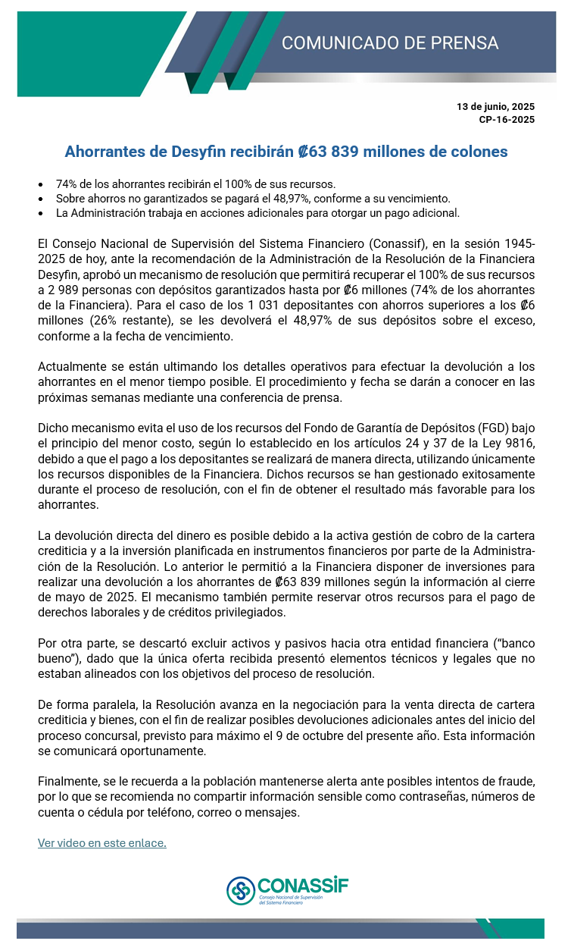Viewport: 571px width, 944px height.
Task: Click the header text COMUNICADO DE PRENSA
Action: pyautogui.click(x=390, y=42)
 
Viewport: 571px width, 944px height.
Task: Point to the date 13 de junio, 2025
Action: pyautogui.click(x=496, y=107)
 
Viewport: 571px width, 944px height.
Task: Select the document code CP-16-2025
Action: pyautogui.click(x=507, y=120)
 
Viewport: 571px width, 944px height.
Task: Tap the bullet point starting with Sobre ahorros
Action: pyautogui.click(x=253, y=199)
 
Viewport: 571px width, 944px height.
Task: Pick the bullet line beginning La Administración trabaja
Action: pyautogui.click(x=257, y=213)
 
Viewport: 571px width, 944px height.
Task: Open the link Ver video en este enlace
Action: pyautogui.click(x=102, y=842)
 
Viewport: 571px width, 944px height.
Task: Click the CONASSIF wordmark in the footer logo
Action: pyautogui.click(x=303, y=885)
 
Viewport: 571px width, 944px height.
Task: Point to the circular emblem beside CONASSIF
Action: pyautogui.click(x=241, y=890)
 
